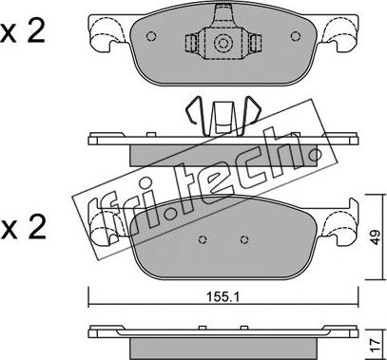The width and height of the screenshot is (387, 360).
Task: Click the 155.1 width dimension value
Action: tap(223, 296)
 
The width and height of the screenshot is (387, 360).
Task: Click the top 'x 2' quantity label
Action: tap(23, 32)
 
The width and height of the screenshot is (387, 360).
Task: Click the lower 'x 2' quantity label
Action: tap(23, 228)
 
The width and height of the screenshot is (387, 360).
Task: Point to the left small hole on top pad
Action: tap(150, 36)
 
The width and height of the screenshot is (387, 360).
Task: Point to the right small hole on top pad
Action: tap(295, 36)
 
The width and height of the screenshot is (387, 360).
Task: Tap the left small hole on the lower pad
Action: tap(203, 239)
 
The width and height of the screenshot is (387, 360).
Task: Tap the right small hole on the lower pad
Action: tap(243, 239)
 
